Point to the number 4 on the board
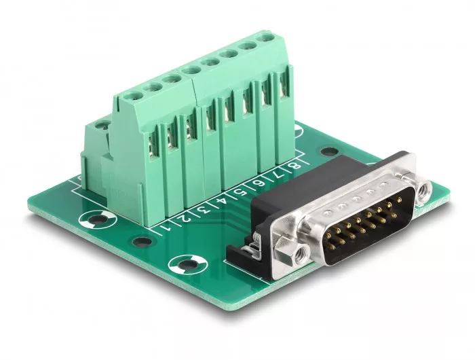[x=223, y=202]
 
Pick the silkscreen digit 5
[x=241, y=192]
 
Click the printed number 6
[x=259, y=184]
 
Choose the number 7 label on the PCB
[x=277, y=175]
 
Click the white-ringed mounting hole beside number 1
[x=98, y=219]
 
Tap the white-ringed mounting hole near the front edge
[x=187, y=264]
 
